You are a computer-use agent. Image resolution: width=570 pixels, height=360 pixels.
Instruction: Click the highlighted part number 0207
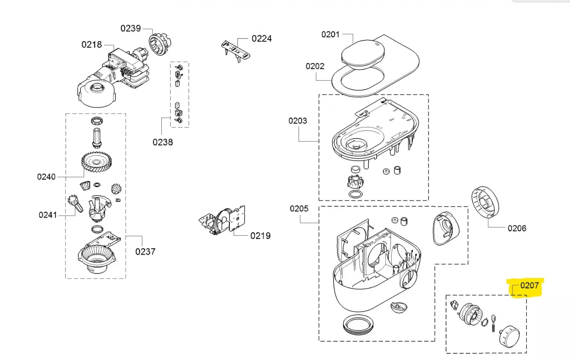pyautogui.click(x=529, y=286)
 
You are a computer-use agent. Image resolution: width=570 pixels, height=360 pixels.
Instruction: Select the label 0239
pyautogui.click(x=130, y=28)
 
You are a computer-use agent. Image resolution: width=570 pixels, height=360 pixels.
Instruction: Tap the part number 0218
pyautogui.click(x=92, y=45)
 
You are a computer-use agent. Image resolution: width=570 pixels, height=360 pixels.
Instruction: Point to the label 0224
pyautogui.click(x=261, y=38)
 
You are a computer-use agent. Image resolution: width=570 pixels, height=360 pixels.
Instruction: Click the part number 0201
pyautogui.click(x=330, y=35)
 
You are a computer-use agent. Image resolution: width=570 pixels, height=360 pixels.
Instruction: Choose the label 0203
pyautogui.click(x=297, y=121)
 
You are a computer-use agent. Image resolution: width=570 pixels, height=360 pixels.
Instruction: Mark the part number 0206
pyautogui.click(x=517, y=228)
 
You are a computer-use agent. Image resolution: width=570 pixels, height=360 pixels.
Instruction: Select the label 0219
pyautogui.click(x=260, y=236)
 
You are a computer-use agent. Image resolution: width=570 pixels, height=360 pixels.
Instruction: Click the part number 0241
pyautogui.click(x=48, y=215)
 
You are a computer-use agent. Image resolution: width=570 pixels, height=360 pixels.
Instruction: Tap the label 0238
pyautogui.click(x=162, y=142)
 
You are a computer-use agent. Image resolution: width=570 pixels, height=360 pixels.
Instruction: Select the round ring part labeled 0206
pyautogui.click(x=485, y=203)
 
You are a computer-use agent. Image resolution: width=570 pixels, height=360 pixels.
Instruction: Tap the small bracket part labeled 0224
pyautogui.click(x=235, y=50)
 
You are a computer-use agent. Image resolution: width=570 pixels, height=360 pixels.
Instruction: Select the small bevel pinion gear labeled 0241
pyautogui.click(x=75, y=203)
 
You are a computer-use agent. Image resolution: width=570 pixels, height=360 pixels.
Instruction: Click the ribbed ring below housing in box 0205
pyautogui.click(x=359, y=325)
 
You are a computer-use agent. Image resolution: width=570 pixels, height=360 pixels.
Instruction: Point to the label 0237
pyautogui.click(x=145, y=252)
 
